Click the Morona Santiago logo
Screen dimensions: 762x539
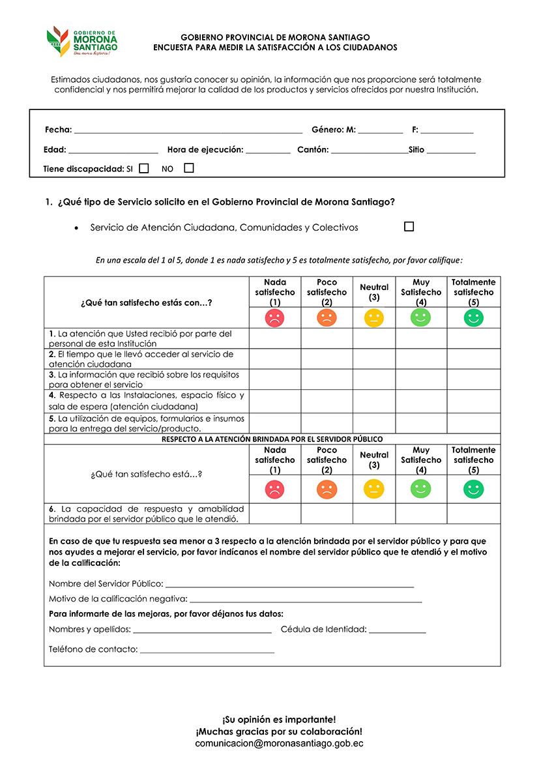[82, 42]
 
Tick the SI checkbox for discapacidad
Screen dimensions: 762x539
[144, 168]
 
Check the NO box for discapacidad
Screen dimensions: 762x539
[189, 168]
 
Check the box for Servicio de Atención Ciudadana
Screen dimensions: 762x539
[409, 227]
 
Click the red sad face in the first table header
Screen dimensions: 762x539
[274, 318]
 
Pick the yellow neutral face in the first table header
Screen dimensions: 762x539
[374, 318]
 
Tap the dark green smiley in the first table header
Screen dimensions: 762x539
[473, 318]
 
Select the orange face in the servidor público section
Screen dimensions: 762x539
[327, 489]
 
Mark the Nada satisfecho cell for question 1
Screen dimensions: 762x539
[274, 338]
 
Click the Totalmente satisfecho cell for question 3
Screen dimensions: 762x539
[473, 379]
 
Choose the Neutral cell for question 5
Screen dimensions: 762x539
[374, 423]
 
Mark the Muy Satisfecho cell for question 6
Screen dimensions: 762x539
[421, 514]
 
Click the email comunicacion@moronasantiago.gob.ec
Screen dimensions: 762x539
[279, 743]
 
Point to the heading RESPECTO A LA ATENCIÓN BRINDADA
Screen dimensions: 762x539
[272, 439]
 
